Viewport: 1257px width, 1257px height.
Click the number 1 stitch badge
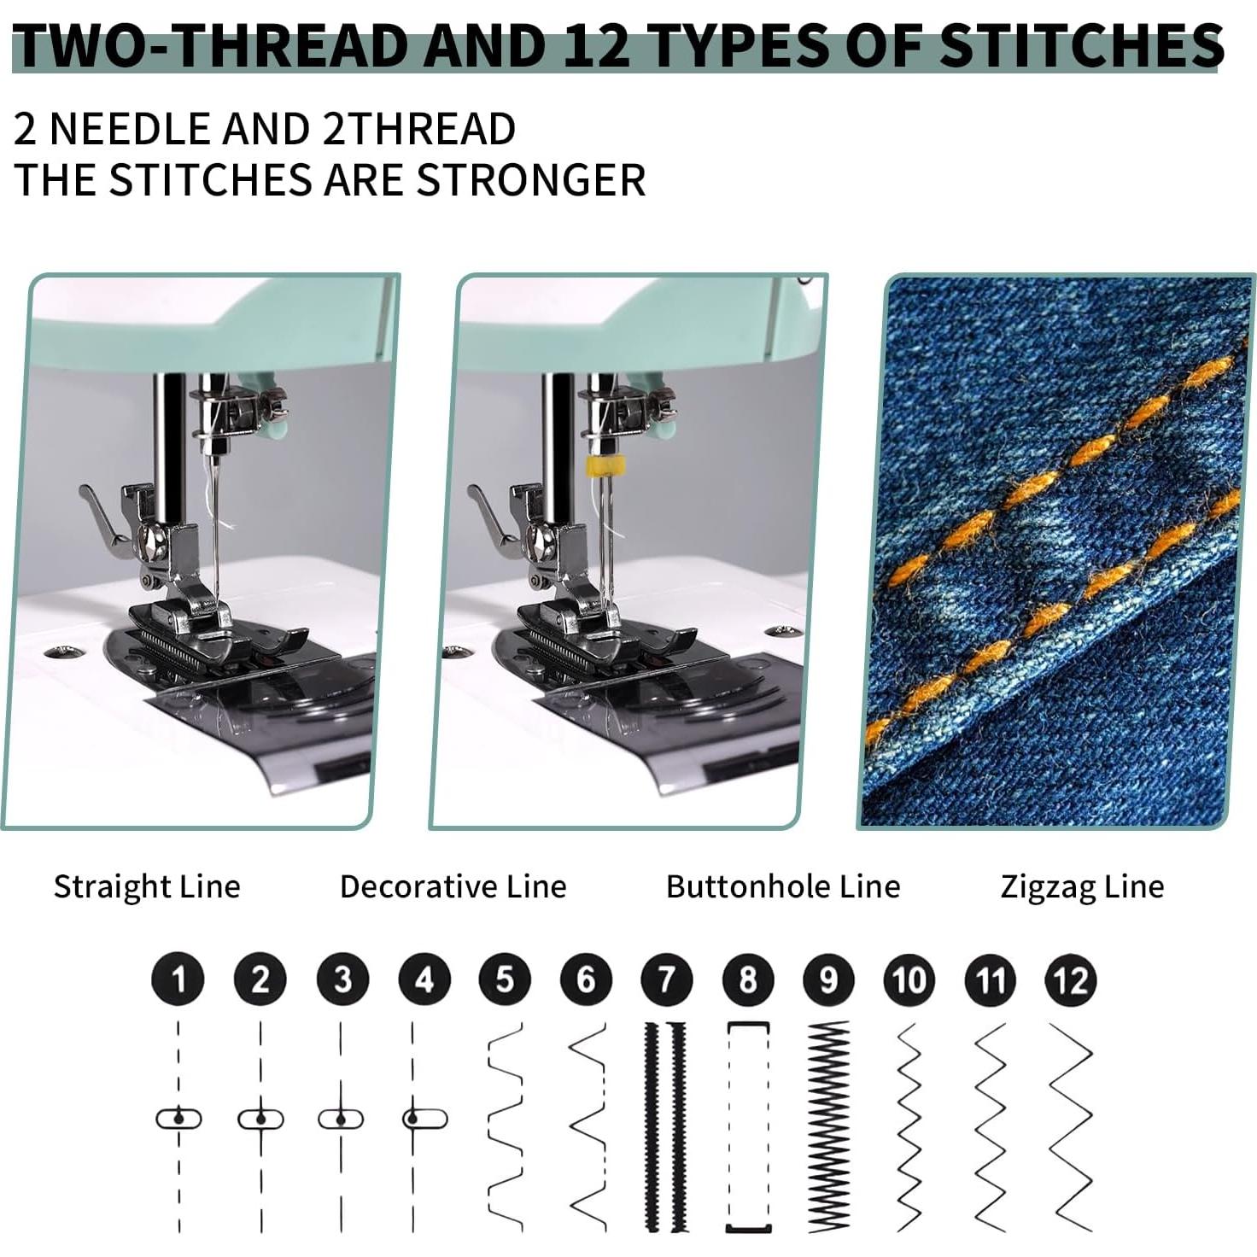(x=178, y=979)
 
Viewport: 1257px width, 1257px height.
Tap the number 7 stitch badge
(x=666, y=979)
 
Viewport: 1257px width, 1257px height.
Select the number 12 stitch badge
(x=1071, y=979)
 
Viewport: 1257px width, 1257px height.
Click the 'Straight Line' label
(x=147, y=886)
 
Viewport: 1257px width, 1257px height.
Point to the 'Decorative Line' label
(x=453, y=886)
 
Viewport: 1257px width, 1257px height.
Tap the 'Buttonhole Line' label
(x=783, y=886)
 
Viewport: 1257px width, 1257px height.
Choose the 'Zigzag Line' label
(x=1082, y=886)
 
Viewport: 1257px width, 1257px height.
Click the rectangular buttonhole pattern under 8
(x=748, y=1127)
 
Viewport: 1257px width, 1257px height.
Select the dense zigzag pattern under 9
(x=828, y=1127)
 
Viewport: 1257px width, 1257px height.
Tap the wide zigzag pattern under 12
(x=1071, y=1127)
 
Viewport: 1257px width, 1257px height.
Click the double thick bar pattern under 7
(x=665, y=1127)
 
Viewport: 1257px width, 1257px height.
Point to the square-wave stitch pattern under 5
(x=505, y=1127)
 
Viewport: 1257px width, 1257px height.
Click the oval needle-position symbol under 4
(x=424, y=1119)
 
